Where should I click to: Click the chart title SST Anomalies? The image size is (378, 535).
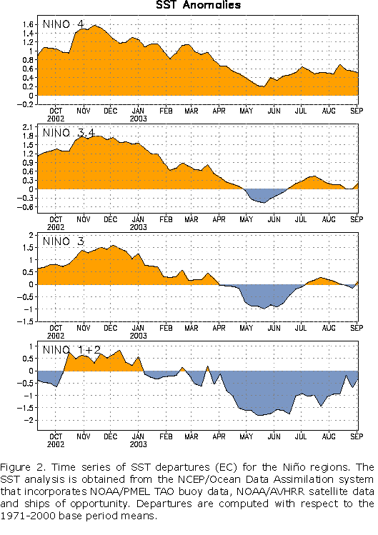click(199, 5)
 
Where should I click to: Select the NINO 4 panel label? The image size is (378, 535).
click(63, 24)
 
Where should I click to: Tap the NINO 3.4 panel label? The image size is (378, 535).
click(69, 133)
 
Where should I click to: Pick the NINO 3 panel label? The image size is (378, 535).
click(63, 241)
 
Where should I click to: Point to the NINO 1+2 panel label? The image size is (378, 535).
click(71, 350)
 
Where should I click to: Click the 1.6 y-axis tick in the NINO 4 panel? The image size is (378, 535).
click(28, 24)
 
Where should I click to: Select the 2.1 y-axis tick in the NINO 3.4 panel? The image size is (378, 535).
click(28, 127)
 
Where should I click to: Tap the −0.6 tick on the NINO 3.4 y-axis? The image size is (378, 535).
click(26, 207)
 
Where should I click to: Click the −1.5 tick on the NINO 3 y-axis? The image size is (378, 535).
click(26, 321)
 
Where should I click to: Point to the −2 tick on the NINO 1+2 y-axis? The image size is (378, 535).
click(29, 420)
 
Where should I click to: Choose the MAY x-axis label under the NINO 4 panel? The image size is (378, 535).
click(247, 111)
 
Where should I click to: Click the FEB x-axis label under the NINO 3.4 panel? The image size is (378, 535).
click(166, 219)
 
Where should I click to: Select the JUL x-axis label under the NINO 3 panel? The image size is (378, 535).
click(301, 328)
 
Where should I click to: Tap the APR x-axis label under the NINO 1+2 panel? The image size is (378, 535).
click(219, 436)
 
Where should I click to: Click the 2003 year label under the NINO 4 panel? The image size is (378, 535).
click(139, 119)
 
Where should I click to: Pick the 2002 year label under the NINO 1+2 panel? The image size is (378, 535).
click(56, 444)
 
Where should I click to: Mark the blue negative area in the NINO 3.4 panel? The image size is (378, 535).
click(263, 194)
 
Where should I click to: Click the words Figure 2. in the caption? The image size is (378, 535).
click(23, 467)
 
